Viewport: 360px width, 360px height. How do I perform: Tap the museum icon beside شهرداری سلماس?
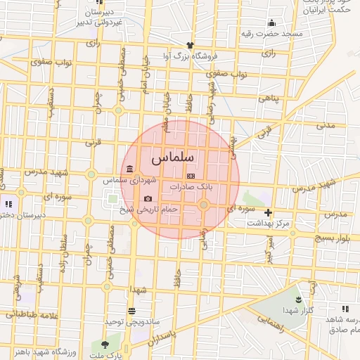coord(131,169)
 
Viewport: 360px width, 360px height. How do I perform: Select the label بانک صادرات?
coord(191,187)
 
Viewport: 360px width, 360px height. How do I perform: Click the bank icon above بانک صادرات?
coord(190,176)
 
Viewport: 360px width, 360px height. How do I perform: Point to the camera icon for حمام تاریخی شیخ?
coord(148,199)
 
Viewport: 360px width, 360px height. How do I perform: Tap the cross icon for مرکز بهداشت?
coord(268,212)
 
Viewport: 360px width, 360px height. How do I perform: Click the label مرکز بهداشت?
coord(268,223)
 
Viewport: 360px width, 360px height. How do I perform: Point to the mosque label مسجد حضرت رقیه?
coord(271,34)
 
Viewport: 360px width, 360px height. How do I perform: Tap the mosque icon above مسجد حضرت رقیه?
coord(271,23)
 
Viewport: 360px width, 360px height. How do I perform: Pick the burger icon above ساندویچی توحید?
coord(131,311)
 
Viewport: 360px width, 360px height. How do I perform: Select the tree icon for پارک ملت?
coord(105,345)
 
